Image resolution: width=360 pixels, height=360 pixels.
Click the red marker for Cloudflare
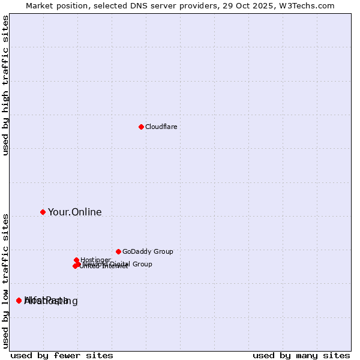(x=141, y=127)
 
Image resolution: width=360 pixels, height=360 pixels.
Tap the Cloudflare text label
(x=161, y=127)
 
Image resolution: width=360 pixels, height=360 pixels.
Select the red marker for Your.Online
(x=43, y=212)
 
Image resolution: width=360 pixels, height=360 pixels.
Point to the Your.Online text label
(x=74, y=212)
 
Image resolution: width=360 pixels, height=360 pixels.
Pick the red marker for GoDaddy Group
(x=118, y=251)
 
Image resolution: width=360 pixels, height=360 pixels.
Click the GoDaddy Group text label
(x=147, y=251)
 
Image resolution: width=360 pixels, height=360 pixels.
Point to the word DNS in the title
(x=146, y=5)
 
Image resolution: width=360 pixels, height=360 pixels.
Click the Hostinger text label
(x=95, y=260)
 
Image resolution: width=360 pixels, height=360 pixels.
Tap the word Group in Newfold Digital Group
(x=142, y=264)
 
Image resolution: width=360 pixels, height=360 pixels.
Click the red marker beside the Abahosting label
(x=19, y=300)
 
